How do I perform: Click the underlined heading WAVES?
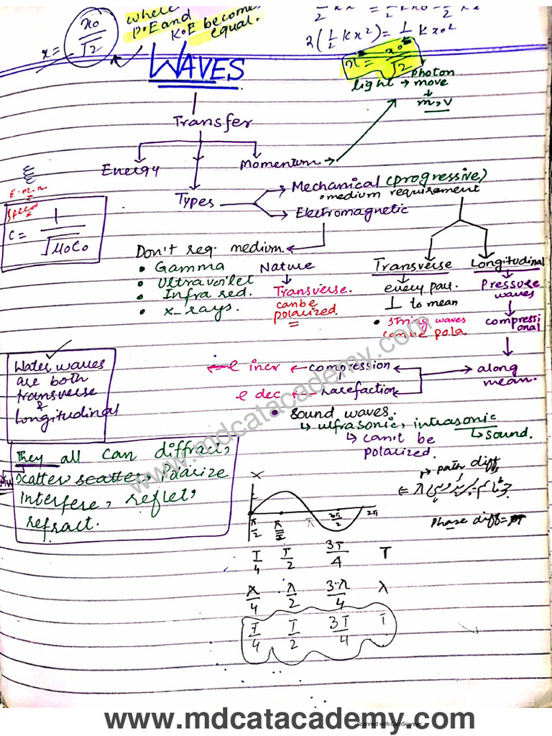point(195,70)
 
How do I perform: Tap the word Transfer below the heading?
point(212,122)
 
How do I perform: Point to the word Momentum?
point(281,165)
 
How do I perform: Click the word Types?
point(195,200)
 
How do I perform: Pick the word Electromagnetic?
point(351,212)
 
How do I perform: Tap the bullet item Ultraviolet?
point(205,281)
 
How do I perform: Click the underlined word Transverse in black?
point(413,265)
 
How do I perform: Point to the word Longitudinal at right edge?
point(507,262)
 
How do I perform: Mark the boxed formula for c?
point(53,233)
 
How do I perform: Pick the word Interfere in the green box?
point(63,498)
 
